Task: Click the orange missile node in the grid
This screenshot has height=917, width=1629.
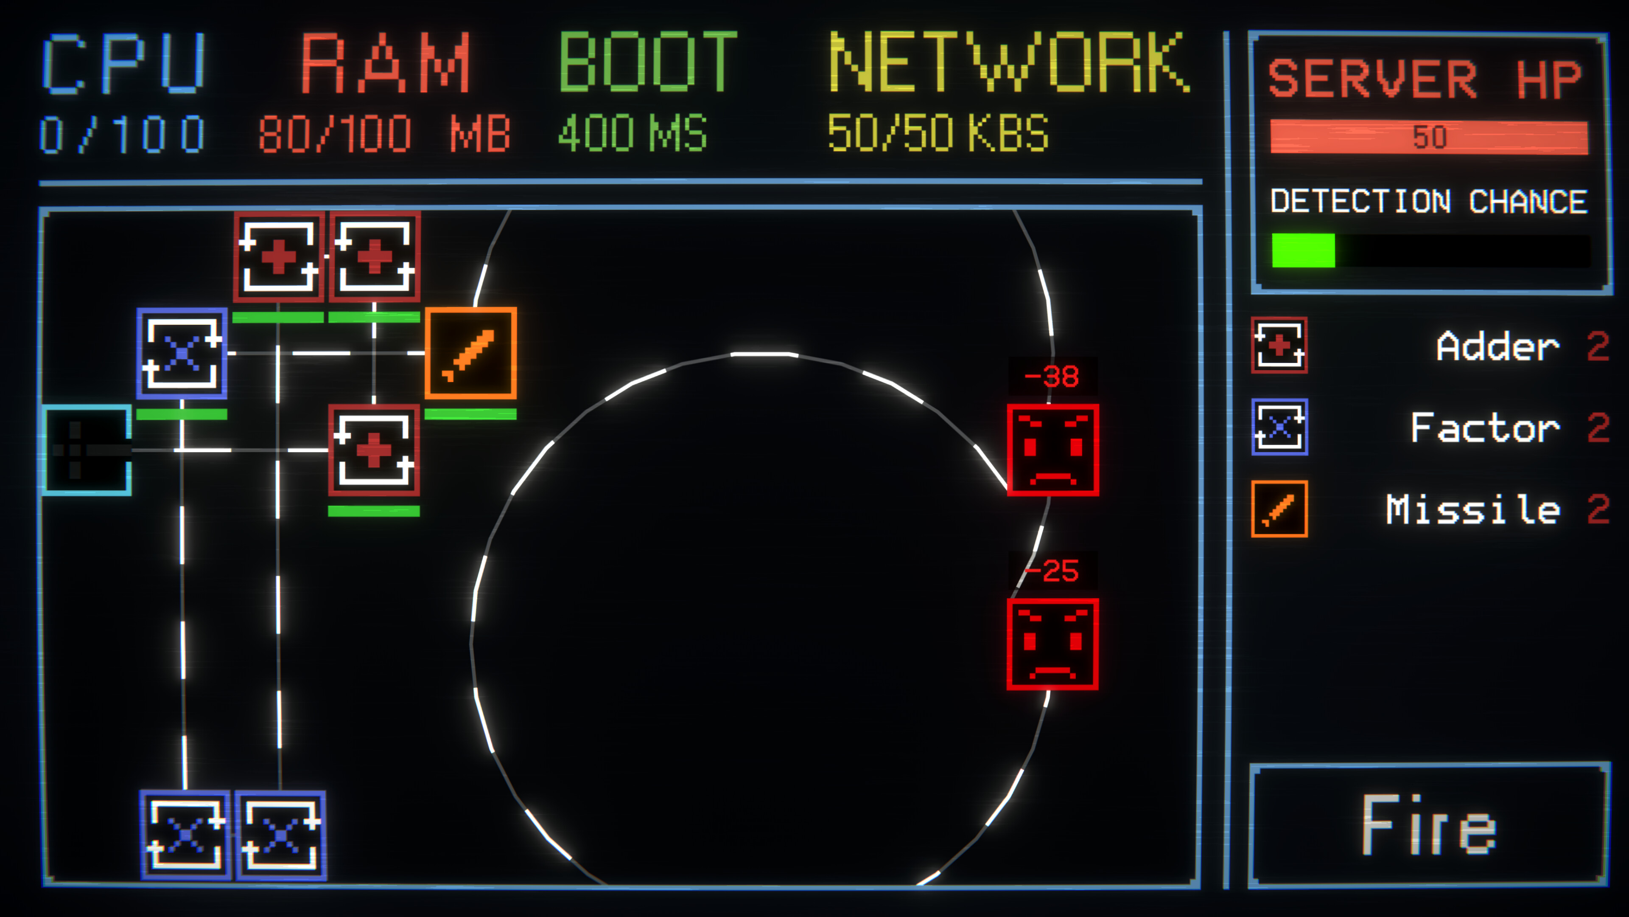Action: coord(470,353)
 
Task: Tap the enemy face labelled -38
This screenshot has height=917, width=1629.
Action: coord(1053,450)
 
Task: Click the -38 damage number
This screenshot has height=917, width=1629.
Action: coord(1052,377)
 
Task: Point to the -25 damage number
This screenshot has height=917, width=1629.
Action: coord(1052,571)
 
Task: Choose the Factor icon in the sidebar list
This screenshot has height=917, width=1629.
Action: coord(1279,427)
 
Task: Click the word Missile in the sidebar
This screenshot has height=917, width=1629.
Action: coord(1473,509)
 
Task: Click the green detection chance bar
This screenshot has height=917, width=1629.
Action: coord(1303,250)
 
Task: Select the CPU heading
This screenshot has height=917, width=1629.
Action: coord(124,63)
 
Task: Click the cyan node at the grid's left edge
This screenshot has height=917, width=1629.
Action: coord(87,450)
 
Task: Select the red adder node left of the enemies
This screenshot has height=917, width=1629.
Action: coord(374,450)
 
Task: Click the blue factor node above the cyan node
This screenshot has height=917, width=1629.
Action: coord(182,353)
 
